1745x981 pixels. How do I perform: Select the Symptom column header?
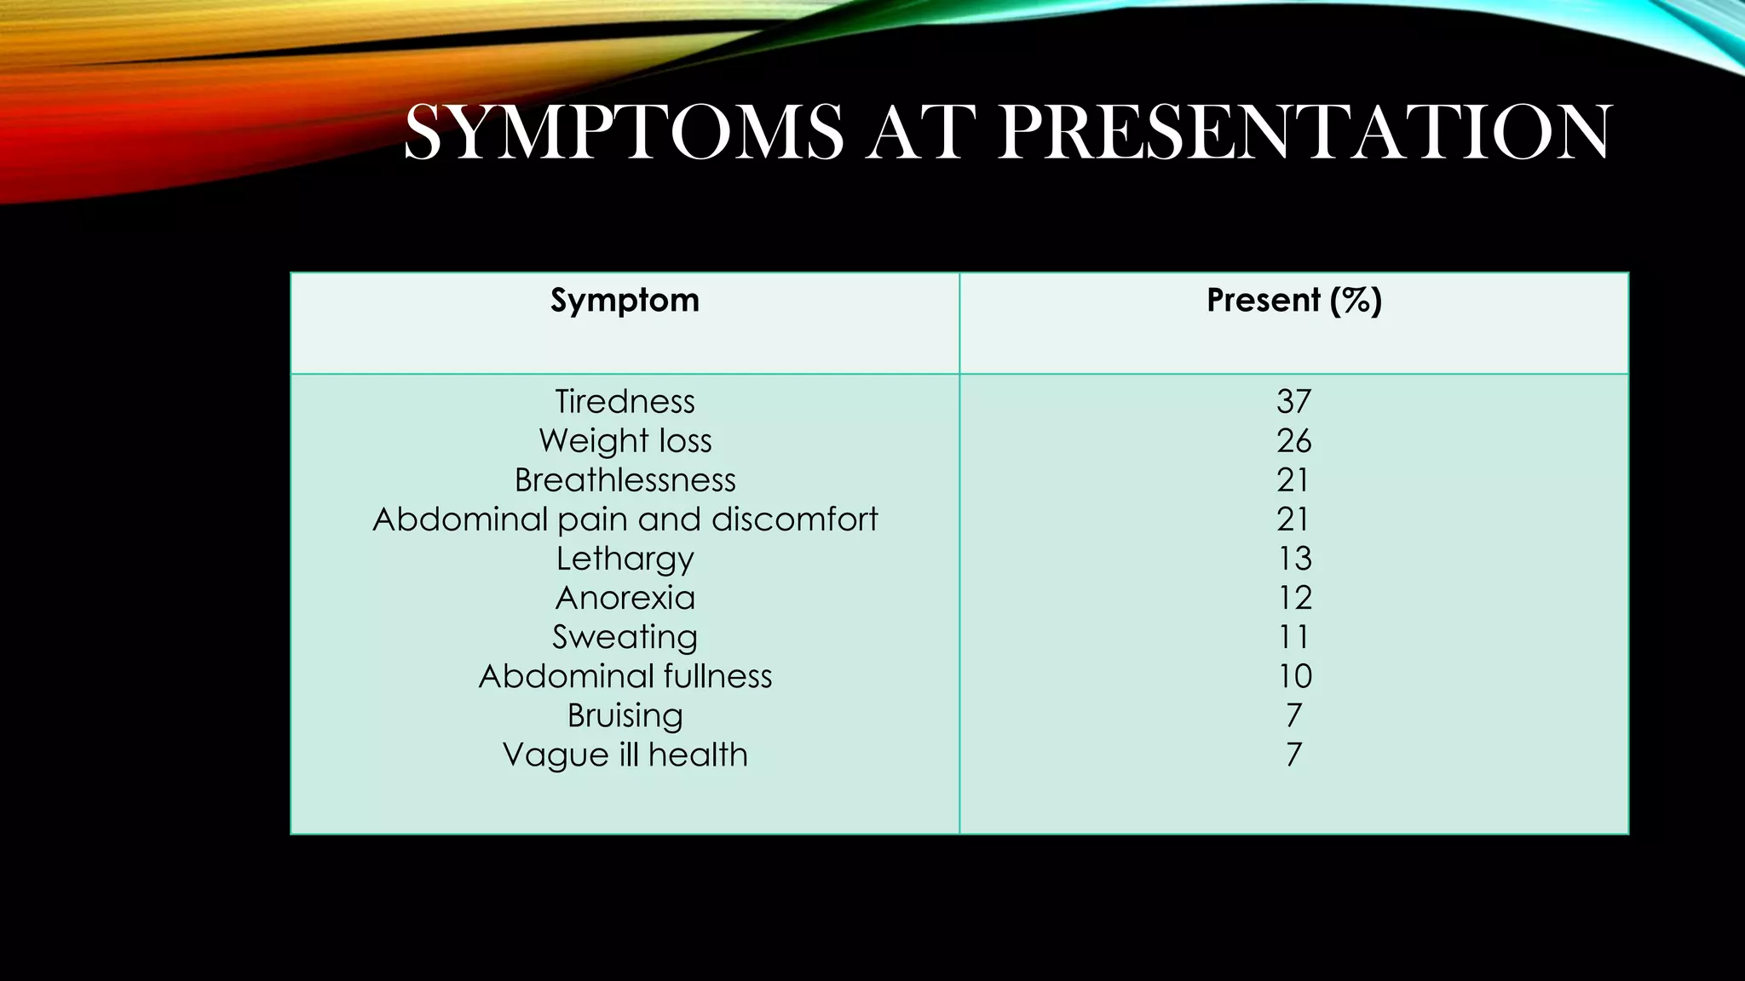pos(625,301)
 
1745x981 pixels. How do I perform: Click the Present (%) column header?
pos(1293,301)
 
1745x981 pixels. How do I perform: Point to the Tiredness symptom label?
pos(625,401)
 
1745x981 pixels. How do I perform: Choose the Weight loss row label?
pos(625,440)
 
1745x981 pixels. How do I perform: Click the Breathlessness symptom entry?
pos(625,479)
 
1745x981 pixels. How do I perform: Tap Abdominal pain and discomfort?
pos(625,519)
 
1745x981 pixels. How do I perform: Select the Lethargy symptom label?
pos(625,559)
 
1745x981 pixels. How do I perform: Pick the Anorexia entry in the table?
pos(625,598)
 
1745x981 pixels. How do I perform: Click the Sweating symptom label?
pos(625,637)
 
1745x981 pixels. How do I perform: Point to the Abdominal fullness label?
pos(625,676)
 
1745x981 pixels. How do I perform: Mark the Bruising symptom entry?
pos(625,715)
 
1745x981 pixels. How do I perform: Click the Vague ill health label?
pos(625,754)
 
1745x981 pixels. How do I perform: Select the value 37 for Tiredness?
pos(1293,401)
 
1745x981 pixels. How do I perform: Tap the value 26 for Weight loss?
pos(1293,440)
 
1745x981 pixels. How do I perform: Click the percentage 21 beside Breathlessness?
pos(1293,479)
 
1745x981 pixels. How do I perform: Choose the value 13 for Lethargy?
pos(1293,559)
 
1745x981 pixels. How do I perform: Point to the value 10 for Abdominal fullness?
pos(1293,676)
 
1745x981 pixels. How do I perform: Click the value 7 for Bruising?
pos(1293,715)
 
